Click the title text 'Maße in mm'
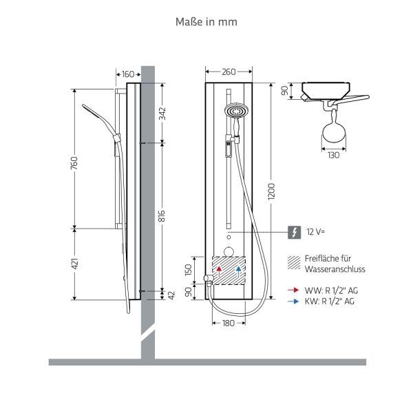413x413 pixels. pyautogui.click(x=206, y=21)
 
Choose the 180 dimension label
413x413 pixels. pyautogui.click(x=229, y=323)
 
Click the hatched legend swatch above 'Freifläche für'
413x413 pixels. pyautogui.click(x=294, y=260)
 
